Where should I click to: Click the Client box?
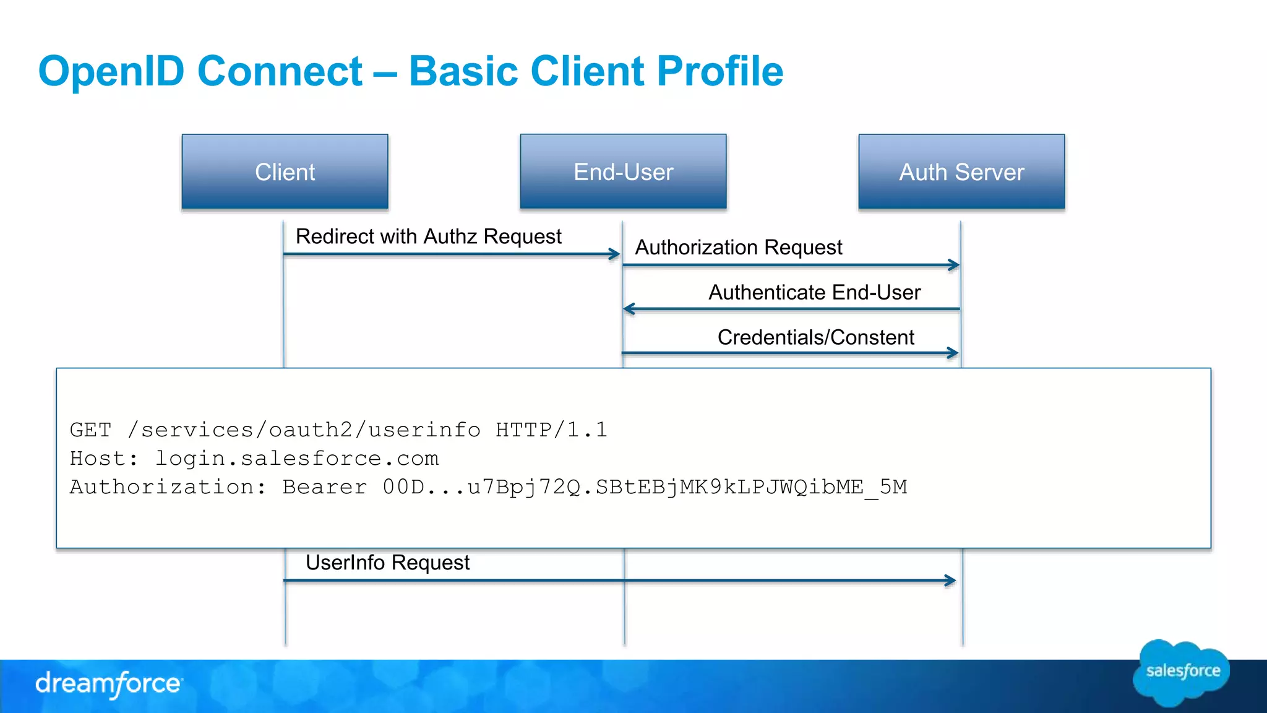(285, 171)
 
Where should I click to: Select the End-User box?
(623, 171)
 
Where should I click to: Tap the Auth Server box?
(961, 171)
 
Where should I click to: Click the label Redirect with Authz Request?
(428, 236)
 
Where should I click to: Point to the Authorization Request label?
(738, 248)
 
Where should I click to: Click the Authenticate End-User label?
(814, 292)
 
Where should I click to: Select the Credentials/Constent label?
(815, 337)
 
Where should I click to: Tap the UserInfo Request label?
(387, 563)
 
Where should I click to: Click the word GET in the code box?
(90, 430)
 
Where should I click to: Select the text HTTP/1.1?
(551, 430)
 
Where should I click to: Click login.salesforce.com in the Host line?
(296, 459)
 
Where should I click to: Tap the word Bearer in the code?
(324, 487)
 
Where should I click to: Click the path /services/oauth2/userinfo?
(304, 430)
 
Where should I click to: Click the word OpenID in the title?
(111, 71)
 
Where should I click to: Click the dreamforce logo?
(108, 684)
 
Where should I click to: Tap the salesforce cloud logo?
(1182, 672)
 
